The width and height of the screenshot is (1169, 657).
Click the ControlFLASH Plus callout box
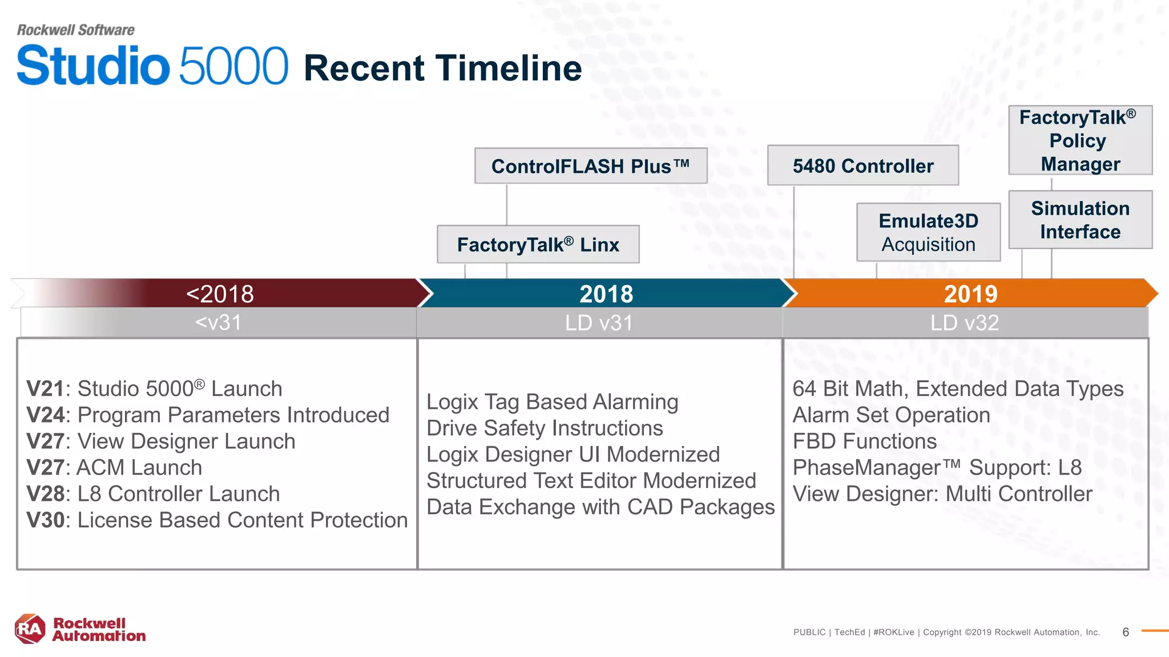pos(591,166)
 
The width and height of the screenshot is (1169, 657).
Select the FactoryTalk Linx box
pos(538,244)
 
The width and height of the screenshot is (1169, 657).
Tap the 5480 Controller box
pos(862,165)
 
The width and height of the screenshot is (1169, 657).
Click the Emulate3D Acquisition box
pos(928,232)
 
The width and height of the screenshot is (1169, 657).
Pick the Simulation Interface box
pos(1080,220)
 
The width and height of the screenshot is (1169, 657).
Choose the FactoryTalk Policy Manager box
pos(1080,140)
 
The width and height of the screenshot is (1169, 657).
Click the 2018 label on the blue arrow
pos(606,294)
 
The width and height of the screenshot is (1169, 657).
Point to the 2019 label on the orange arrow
pos(970,294)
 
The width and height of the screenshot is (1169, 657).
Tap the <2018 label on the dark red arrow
pos(220,294)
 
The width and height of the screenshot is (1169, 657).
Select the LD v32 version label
pos(965,323)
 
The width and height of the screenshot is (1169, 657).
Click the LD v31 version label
pos(599,323)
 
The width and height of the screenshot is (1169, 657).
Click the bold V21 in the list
pos(45,389)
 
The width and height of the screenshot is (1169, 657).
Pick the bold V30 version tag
pos(46,520)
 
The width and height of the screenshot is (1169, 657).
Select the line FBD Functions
pos(864,441)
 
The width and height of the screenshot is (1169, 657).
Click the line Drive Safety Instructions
pos(545,428)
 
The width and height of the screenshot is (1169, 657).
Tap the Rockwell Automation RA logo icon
pos(30,629)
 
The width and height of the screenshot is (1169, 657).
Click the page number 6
pos(1125,632)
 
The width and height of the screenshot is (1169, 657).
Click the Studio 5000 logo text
pos(152,66)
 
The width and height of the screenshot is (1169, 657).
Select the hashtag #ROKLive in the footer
pos(893,632)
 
